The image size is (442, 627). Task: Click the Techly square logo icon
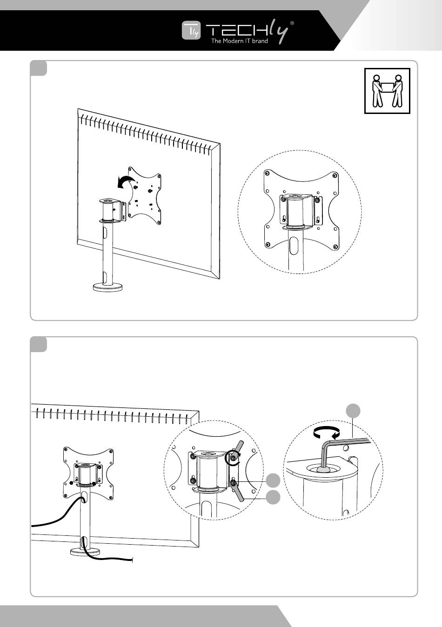191,30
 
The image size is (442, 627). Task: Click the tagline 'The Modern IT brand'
240,41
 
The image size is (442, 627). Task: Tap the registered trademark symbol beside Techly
292,24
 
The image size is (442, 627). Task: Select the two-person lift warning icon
387,91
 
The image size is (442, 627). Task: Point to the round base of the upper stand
108,287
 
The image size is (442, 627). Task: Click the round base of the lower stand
85,552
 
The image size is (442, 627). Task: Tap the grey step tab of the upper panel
38,68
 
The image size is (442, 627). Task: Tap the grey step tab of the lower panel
38,344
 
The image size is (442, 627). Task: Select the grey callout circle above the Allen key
353,411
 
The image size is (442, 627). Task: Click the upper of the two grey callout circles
273,481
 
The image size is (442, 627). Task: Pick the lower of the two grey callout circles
273,497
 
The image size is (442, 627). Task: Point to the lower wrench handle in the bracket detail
238,491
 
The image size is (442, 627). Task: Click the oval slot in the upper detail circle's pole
294,246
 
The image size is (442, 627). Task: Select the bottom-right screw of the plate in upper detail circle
335,247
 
